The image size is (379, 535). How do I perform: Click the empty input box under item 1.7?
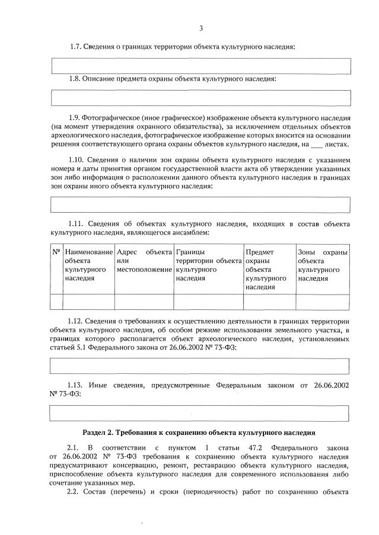pos(201,66)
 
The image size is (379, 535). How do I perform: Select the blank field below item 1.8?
pos(201,98)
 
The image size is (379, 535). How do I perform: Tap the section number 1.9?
pos(75,118)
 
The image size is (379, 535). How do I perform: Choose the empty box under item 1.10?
pos(201,204)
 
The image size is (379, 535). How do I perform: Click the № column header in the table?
pos(57,252)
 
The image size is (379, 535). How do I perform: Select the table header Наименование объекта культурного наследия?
pos(88,265)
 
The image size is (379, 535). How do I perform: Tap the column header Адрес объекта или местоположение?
pos(144,261)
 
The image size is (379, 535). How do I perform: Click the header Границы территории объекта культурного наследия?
pos(208,265)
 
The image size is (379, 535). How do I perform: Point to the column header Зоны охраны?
pos(322,265)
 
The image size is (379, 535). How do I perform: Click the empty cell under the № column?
pos(57,302)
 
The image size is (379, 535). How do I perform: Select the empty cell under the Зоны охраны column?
pos(322,302)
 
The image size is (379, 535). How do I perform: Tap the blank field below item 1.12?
pos(201,366)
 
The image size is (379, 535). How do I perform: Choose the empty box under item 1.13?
pos(201,412)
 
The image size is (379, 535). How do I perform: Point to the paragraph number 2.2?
pos(74,492)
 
